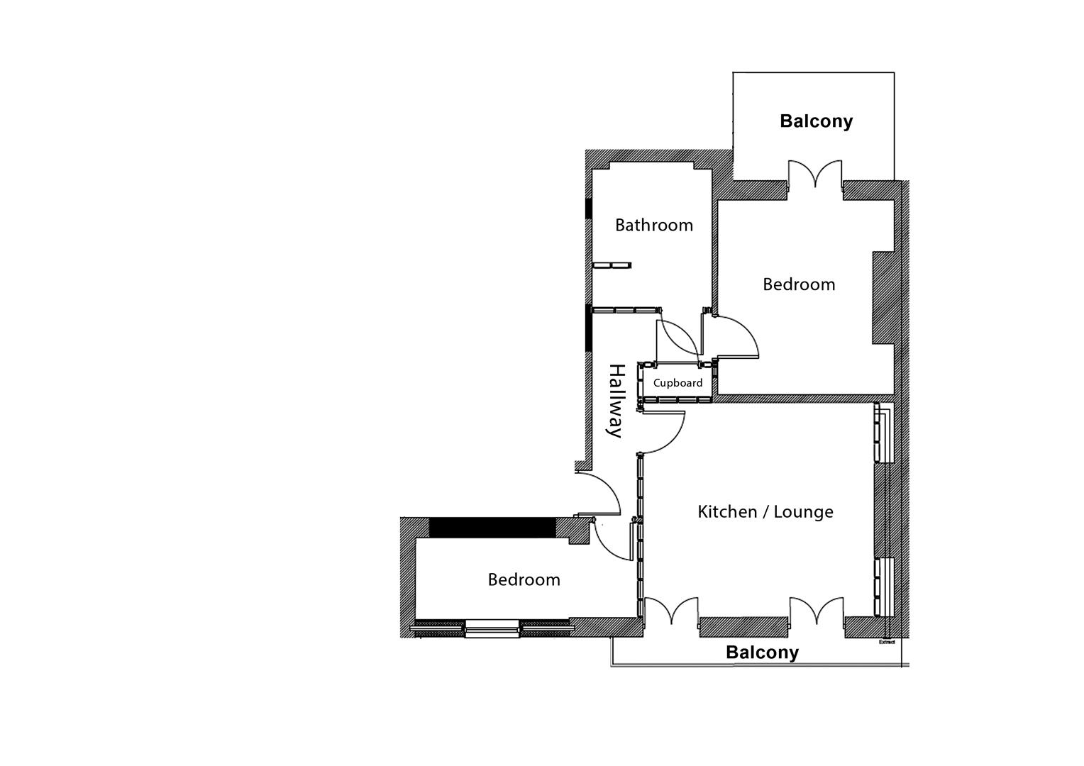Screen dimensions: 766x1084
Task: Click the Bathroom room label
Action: click(x=653, y=226)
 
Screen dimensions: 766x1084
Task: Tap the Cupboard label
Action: click(x=677, y=383)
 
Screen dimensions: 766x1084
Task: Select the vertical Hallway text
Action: click(x=616, y=401)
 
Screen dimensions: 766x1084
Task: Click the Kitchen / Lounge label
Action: click(x=765, y=512)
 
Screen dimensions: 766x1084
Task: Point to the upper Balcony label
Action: click(x=816, y=121)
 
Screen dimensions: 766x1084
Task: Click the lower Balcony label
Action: click(x=762, y=653)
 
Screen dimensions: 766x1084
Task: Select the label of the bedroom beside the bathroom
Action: click(x=799, y=284)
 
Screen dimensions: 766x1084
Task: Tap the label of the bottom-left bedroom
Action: click(x=524, y=580)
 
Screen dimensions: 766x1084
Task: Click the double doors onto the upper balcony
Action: click(x=815, y=175)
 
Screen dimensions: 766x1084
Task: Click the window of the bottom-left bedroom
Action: click(x=492, y=628)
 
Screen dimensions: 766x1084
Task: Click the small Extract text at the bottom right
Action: click(x=887, y=643)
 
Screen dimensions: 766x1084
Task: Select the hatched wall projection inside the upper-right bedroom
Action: click(x=883, y=298)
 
